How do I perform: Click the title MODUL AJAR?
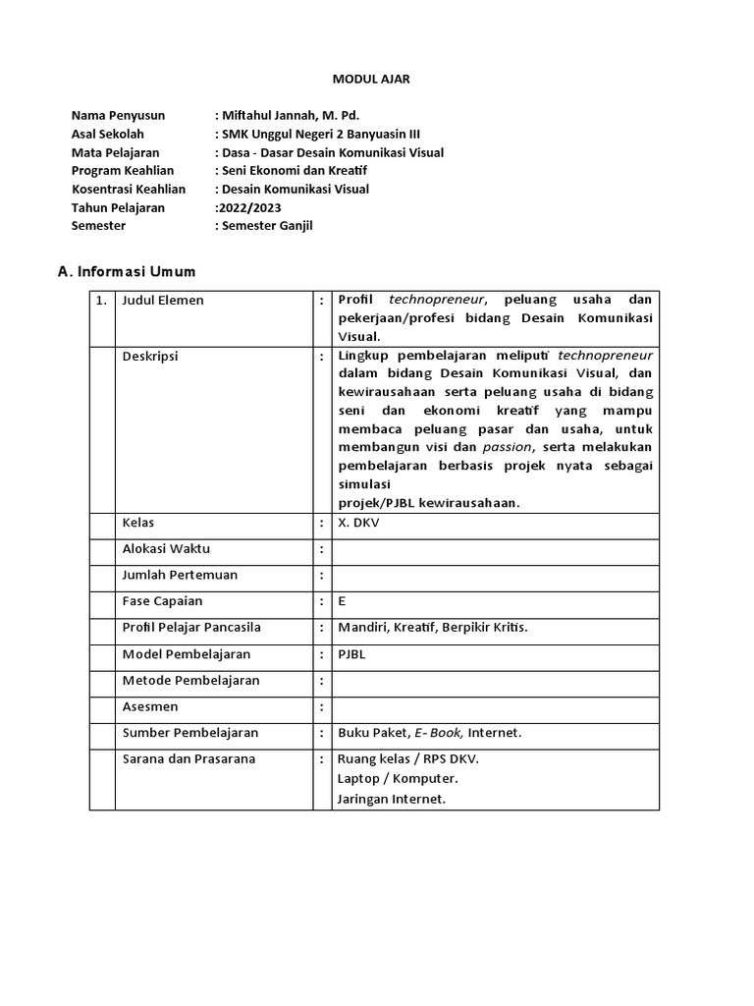(377, 80)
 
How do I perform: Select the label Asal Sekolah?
(108, 135)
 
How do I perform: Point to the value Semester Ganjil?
(267, 226)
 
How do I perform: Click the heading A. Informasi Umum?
(127, 272)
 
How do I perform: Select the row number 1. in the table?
(101, 301)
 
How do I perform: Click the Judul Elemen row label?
(163, 301)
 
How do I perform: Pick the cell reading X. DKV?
(358, 523)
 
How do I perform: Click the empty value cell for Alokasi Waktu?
(495, 549)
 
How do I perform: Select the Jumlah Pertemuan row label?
(180, 575)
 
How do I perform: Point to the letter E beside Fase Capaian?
(342, 601)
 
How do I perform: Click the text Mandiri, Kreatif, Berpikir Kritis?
(433, 628)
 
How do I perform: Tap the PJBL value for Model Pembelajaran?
(351, 654)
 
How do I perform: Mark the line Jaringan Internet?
(392, 799)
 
